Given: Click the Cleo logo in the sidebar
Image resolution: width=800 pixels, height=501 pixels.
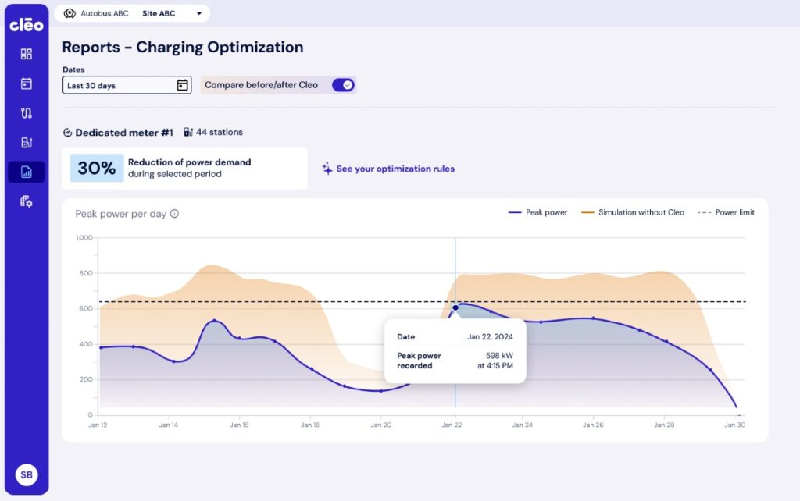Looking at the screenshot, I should (x=26, y=25).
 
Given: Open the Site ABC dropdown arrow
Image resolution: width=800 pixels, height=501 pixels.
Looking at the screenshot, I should (x=199, y=14).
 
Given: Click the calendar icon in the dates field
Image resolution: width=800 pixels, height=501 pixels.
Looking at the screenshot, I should (x=182, y=85).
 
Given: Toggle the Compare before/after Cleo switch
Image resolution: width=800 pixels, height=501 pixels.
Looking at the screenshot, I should (x=343, y=85).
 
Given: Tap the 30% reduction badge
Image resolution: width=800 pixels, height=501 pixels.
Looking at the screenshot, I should (x=97, y=168).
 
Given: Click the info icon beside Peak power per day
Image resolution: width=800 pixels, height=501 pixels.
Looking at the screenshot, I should (x=174, y=214).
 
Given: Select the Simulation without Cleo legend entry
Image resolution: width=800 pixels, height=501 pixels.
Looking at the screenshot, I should (x=634, y=212).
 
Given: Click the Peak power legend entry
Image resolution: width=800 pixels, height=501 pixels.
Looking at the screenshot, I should (x=538, y=212).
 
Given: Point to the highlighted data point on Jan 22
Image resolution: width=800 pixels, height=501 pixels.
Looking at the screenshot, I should (x=455, y=307).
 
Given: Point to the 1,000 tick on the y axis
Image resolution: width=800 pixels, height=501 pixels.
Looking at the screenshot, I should (x=84, y=238).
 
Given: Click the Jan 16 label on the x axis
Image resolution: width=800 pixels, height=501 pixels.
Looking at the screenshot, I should (x=239, y=425).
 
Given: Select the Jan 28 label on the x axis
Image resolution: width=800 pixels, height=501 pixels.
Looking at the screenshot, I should (x=664, y=425).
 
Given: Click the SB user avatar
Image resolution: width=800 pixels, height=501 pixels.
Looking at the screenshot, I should (x=26, y=474).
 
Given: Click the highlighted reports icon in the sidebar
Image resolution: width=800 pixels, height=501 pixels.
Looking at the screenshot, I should (x=26, y=172).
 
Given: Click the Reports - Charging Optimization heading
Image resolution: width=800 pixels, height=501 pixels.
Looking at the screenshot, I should (x=183, y=48).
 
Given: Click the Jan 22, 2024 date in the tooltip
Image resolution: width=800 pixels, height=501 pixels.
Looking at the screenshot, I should (x=490, y=337).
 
